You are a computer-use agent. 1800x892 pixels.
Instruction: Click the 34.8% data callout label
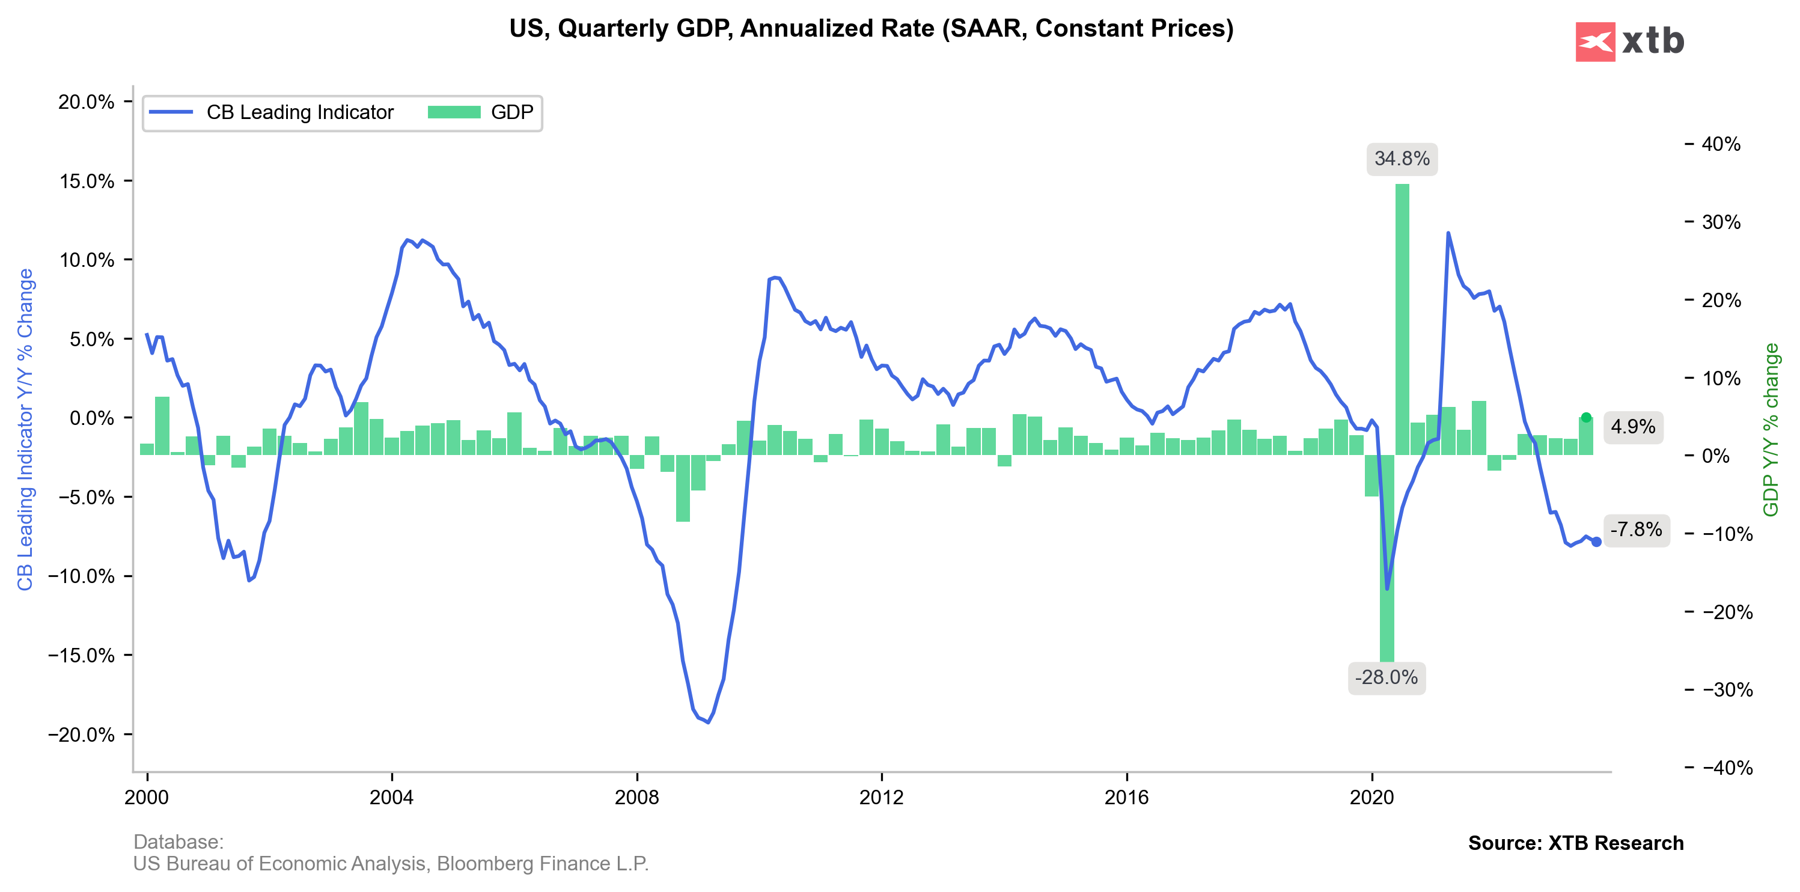1402,159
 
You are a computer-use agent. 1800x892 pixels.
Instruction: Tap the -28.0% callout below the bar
1387,677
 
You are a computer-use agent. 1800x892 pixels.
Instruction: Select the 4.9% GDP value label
1632,426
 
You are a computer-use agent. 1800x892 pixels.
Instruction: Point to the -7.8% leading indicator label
1636,529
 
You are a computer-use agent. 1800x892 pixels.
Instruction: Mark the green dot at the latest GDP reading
1586,417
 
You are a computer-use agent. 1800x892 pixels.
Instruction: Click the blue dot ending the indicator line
1597,542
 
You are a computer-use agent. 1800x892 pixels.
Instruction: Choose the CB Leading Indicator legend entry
272,112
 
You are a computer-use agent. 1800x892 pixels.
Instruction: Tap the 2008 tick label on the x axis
636,798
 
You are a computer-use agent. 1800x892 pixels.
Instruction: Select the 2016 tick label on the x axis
1126,798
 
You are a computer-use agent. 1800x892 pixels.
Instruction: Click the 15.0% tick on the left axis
87,181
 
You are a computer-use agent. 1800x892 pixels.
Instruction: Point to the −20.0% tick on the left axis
82,735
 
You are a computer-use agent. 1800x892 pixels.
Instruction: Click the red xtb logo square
1595,42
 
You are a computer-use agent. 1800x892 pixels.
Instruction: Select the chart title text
871,29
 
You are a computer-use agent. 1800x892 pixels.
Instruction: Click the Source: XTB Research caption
1576,843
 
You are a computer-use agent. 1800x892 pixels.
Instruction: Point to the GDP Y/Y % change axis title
1771,430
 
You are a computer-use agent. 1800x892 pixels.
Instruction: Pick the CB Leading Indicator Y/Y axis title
25,430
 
